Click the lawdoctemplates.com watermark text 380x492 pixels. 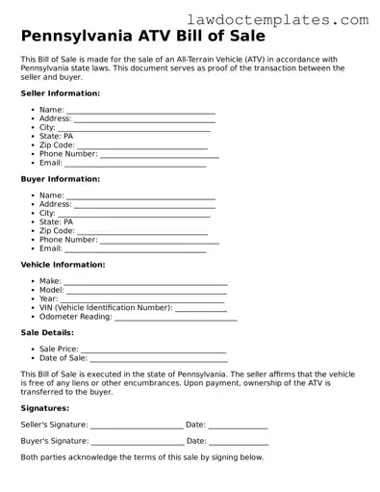pyautogui.click(x=294, y=19)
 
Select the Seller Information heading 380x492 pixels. pyautogui.click(x=60, y=93)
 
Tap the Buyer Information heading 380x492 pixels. pyautogui.click(x=60, y=179)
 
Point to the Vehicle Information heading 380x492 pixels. pyautogui.click(x=63, y=264)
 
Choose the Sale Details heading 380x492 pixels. pyautogui.click(x=46, y=332)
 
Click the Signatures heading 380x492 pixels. pyautogui.click(x=44, y=408)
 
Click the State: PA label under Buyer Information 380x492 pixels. pyautogui.click(x=56, y=222)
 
